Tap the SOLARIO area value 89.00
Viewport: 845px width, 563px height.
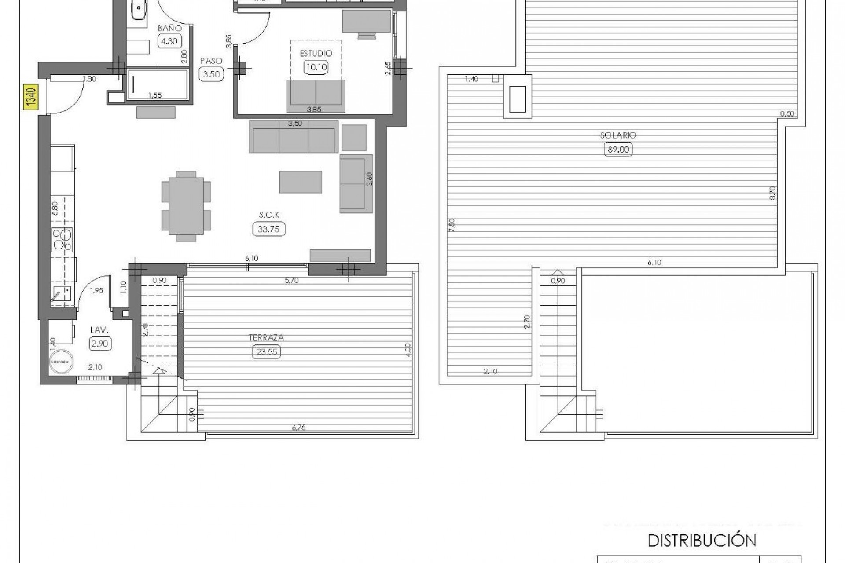(618, 150)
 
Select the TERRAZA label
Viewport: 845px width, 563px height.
(266, 338)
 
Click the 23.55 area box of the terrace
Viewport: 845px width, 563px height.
(267, 352)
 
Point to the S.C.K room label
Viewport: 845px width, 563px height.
(269, 215)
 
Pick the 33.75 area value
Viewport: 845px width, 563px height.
(268, 229)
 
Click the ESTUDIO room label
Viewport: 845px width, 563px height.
(316, 54)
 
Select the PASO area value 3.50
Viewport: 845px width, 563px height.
(211, 74)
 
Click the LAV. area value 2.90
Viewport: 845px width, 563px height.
(99, 344)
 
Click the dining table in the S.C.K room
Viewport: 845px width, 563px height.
(186, 206)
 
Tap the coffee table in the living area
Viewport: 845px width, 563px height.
(300, 182)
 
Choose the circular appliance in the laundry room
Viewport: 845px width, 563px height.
(61, 362)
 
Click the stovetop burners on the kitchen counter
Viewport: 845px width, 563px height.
(62, 240)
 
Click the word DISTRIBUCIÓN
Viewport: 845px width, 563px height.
(702, 541)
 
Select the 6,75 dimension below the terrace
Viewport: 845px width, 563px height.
(298, 427)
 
